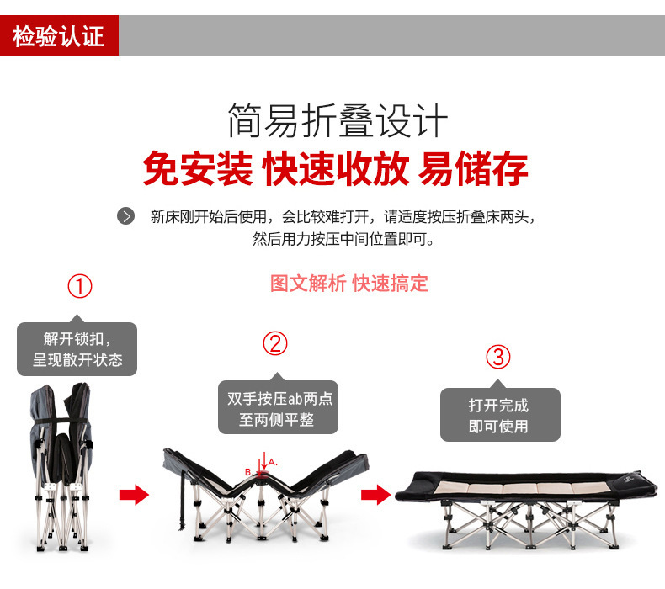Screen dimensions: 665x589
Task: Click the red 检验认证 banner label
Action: coord(59,36)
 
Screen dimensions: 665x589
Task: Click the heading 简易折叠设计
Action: coord(337,120)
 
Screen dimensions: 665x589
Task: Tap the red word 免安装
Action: coord(197,168)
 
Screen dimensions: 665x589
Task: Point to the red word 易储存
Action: coord(473,168)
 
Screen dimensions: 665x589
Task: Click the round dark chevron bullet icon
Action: coord(125,216)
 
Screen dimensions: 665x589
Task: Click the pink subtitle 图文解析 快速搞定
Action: coord(348,284)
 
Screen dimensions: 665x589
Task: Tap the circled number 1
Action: coord(79,286)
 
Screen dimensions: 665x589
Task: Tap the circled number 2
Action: coord(275,342)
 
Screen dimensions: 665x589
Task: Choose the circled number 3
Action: coord(498,357)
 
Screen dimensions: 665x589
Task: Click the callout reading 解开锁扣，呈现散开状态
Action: coord(77,349)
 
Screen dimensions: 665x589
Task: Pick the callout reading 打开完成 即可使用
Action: coord(499,415)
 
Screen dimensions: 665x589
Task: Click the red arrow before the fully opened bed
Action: coord(375,493)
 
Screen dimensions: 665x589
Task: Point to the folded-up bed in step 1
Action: coord(61,467)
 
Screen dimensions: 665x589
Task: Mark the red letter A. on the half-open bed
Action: coord(273,462)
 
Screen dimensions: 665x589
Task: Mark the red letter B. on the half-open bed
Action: coord(248,472)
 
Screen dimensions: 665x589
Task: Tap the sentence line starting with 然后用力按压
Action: coord(343,239)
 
